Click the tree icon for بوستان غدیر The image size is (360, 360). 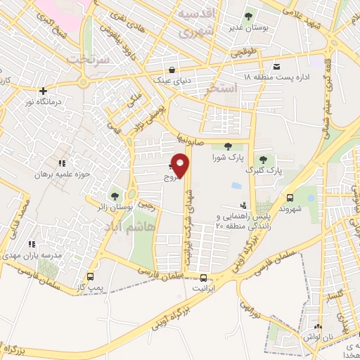click(x=247, y=15)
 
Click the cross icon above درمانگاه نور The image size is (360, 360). click(x=44, y=91)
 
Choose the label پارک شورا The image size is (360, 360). click(x=227, y=158)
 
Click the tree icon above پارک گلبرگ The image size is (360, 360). click(x=264, y=159)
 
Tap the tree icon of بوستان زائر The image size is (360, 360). click(x=115, y=196)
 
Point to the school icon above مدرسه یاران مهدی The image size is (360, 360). click(x=31, y=244)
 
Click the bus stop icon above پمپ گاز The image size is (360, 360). click(x=90, y=276)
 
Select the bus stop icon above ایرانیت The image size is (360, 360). click(x=204, y=277)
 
